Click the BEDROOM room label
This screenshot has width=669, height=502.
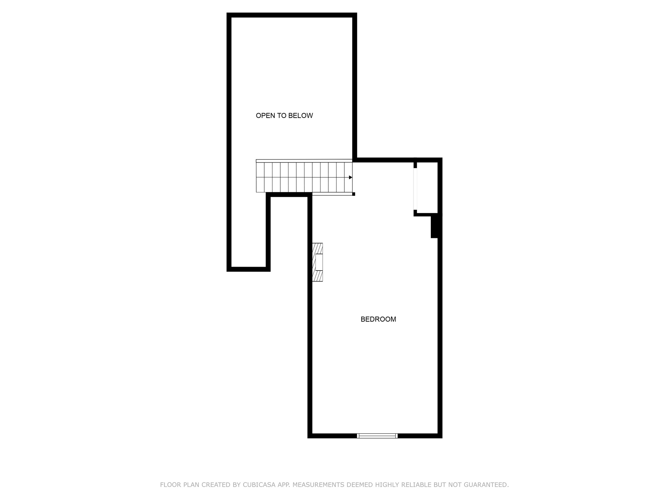point(378,319)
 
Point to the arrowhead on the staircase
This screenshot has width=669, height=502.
point(351,177)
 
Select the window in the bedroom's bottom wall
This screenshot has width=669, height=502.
point(377,436)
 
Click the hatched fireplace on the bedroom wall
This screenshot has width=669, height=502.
point(318,262)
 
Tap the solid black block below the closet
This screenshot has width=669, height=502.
point(435,226)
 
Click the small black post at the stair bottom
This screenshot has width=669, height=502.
point(353,194)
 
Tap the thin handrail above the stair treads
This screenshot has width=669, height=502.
point(304,161)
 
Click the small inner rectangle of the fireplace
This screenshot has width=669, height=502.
point(319,262)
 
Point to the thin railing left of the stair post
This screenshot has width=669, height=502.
point(332,194)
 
